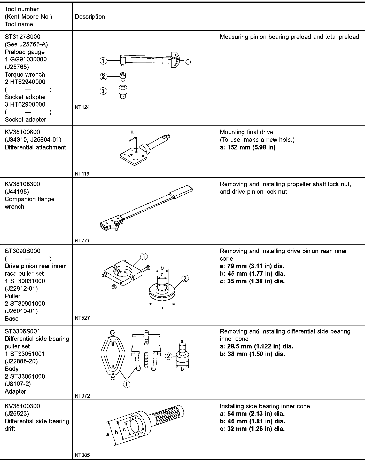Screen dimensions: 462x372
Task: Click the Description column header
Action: (90, 17)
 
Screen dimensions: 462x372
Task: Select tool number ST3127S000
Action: (22, 37)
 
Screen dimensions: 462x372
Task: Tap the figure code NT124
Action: (82, 107)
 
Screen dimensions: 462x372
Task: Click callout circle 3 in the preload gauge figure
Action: (103, 91)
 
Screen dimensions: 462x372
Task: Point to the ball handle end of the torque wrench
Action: (188, 62)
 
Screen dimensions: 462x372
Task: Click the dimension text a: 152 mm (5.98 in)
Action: (247, 147)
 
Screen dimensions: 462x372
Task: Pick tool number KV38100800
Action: (22, 132)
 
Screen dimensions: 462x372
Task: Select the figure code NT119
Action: (82, 174)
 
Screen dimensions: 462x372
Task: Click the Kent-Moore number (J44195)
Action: (17, 192)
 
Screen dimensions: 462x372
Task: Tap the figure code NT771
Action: (82, 241)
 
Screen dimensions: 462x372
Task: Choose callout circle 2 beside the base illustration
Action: (185, 278)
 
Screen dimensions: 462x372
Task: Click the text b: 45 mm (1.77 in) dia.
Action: (252, 274)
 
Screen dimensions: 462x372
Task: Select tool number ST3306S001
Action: (22, 331)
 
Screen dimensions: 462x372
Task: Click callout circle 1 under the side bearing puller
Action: (127, 384)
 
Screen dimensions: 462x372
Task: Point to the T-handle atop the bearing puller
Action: (146, 336)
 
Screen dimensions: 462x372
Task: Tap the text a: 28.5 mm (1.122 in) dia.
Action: (256, 346)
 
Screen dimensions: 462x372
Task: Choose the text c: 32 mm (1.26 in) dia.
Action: (252, 429)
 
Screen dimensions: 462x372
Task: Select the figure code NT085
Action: (82, 455)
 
